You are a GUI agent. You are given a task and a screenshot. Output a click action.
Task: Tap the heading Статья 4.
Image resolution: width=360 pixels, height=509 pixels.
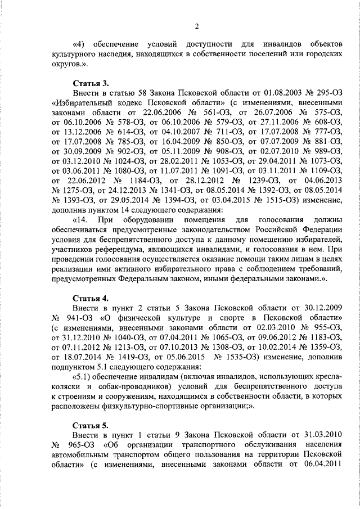click(91, 298)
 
